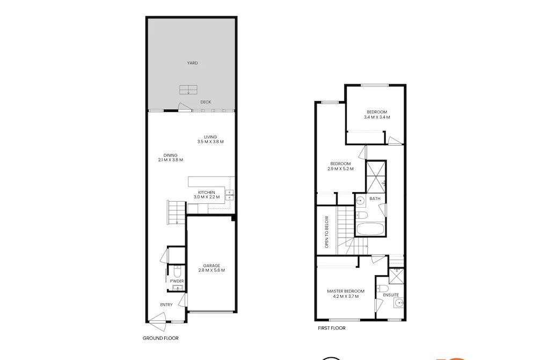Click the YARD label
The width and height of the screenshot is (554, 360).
[x=192, y=63]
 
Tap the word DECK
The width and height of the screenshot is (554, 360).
[x=206, y=102]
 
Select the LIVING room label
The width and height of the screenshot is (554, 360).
[x=210, y=137]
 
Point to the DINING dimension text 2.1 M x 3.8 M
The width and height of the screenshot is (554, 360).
[x=171, y=160]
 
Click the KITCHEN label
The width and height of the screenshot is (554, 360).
[x=207, y=192]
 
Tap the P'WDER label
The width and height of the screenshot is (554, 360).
[x=177, y=281]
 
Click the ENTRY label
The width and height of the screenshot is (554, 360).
[x=166, y=305]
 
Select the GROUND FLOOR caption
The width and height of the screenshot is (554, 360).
[x=161, y=339]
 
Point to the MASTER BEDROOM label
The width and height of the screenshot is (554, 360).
[x=345, y=291]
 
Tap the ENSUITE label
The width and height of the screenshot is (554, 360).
[x=391, y=295]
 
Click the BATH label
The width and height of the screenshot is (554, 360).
[x=375, y=199]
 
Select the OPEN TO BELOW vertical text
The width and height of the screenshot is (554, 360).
[x=326, y=232]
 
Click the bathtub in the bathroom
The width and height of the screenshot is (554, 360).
[x=370, y=230]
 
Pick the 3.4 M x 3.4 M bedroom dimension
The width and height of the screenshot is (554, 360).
[x=377, y=117]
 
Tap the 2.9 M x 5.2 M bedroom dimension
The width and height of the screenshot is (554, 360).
[x=340, y=168]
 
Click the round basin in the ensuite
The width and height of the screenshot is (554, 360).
[x=398, y=304]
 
